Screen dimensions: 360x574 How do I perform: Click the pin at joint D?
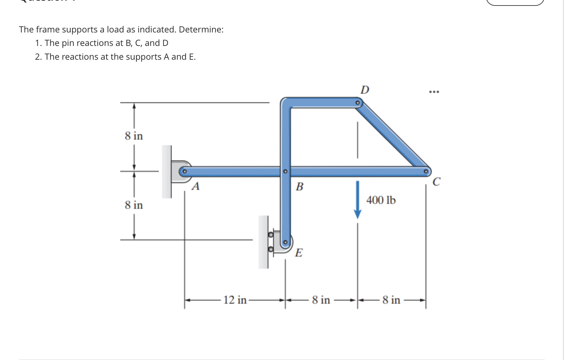(357, 103)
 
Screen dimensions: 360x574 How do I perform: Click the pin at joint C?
(425, 171)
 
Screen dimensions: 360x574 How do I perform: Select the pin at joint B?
(285, 171)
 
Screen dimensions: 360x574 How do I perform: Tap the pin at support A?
(184, 171)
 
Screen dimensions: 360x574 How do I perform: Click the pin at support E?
(285, 242)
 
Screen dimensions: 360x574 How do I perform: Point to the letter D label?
(365, 90)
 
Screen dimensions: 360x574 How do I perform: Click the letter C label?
(437, 182)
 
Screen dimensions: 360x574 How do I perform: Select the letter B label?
(300, 186)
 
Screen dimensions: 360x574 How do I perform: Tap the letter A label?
(196, 186)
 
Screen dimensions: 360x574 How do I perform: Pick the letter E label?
(299, 253)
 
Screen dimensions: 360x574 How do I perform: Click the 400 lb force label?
(381, 200)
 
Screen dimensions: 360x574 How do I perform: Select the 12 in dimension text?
(235, 300)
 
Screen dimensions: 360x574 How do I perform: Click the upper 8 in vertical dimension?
(134, 136)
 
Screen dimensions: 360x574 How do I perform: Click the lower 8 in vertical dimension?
(134, 205)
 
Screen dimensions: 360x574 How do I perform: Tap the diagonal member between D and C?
(392, 137)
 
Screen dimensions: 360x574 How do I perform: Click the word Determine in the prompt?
(201, 29)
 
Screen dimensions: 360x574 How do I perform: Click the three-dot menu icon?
(434, 92)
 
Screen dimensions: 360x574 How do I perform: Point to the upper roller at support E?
(270, 235)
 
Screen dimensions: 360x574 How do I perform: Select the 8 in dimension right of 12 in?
(321, 300)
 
